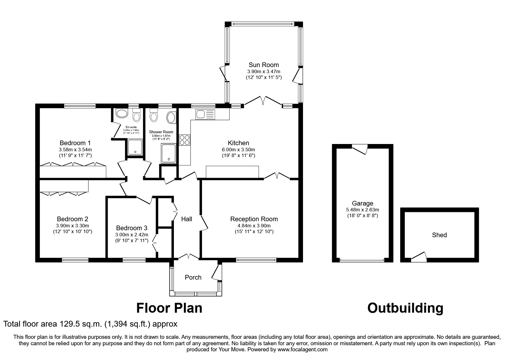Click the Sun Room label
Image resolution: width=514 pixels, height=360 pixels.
(x=264, y=65)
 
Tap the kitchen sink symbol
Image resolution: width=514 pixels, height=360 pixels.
(x=205, y=114)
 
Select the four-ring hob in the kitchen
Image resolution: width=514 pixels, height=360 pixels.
(x=185, y=140)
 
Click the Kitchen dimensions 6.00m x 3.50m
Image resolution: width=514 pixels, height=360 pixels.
(x=238, y=150)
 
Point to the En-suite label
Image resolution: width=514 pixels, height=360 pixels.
(x=131, y=127)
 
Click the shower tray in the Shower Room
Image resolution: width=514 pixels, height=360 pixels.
(x=169, y=153)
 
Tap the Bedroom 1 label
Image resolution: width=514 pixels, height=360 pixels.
(x=75, y=143)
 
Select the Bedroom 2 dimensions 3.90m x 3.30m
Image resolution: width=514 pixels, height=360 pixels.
(x=73, y=226)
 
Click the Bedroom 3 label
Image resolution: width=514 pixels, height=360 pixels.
(x=131, y=228)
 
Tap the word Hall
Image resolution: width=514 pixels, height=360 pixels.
(x=187, y=219)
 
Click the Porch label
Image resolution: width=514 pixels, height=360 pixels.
(x=193, y=277)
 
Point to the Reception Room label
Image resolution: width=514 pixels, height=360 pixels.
(x=254, y=219)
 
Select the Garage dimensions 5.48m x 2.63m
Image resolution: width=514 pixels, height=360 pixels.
(x=362, y=210)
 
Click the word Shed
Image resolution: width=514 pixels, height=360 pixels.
(x=439, y=235)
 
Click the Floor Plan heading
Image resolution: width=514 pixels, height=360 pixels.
(x=169, y=308)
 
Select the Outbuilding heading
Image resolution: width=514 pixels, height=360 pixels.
(x=405, y=308)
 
